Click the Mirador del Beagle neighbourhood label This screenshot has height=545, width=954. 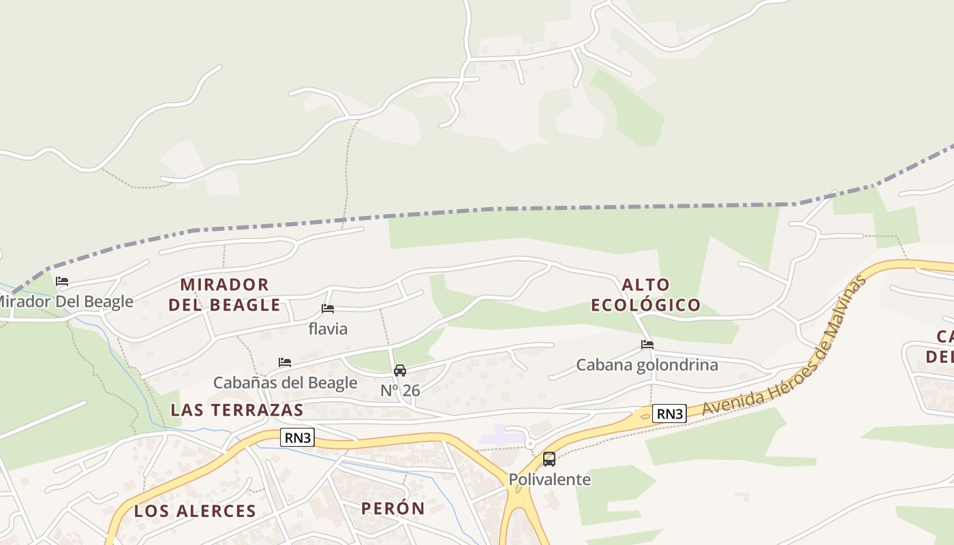(224, 294)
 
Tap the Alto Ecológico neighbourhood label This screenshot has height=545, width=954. (645, 294)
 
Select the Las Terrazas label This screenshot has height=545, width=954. (236, 409)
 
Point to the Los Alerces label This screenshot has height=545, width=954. (195, 511)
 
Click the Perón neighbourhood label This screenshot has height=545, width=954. (393, 508)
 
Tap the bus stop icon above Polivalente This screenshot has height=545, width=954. (549, 459)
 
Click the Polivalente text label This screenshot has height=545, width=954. (549, 479)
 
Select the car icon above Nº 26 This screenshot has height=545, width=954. (400, 371)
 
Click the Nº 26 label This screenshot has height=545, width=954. (400, 390)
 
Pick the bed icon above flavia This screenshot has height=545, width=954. (328, 309)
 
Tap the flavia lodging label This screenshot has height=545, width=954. (328, 329)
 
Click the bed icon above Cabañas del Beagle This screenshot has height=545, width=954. (285, 362)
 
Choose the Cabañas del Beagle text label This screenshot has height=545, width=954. (285, 382)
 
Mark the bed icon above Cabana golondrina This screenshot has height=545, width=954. (647, 345)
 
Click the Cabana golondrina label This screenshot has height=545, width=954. (647, 364)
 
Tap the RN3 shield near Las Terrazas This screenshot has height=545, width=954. (298, 437)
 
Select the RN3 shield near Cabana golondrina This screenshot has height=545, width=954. (669, 413)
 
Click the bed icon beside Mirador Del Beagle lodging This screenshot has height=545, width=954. (62, 281)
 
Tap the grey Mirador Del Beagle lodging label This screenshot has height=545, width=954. (65, 301)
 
